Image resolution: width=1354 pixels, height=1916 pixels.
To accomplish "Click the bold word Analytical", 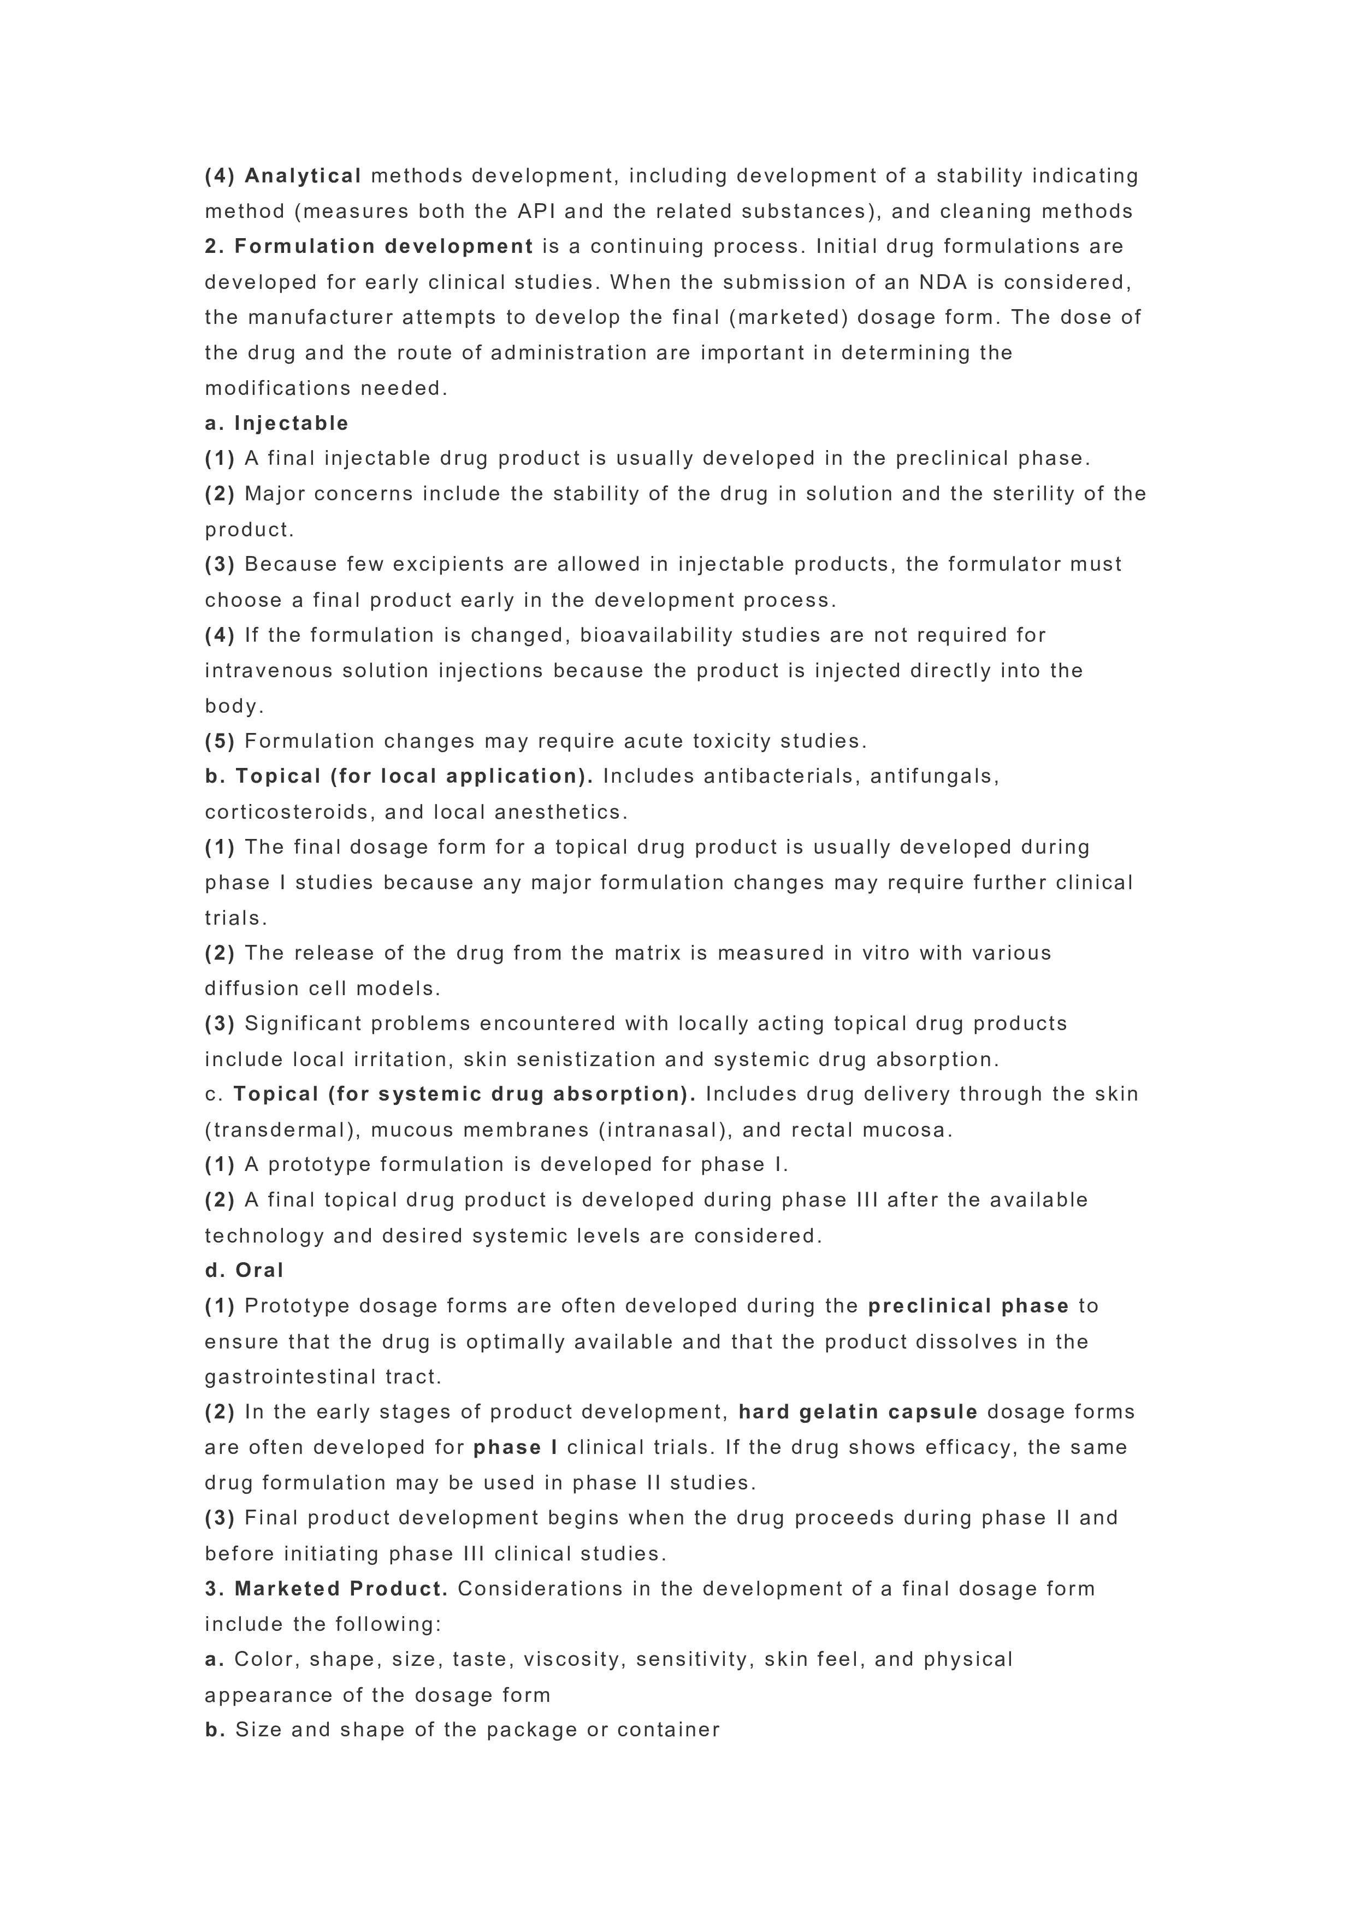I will point(303,176).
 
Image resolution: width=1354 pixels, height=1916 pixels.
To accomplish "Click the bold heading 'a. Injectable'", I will point(277,423).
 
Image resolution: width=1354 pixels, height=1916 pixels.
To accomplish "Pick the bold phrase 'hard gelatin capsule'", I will point(858,1412).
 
